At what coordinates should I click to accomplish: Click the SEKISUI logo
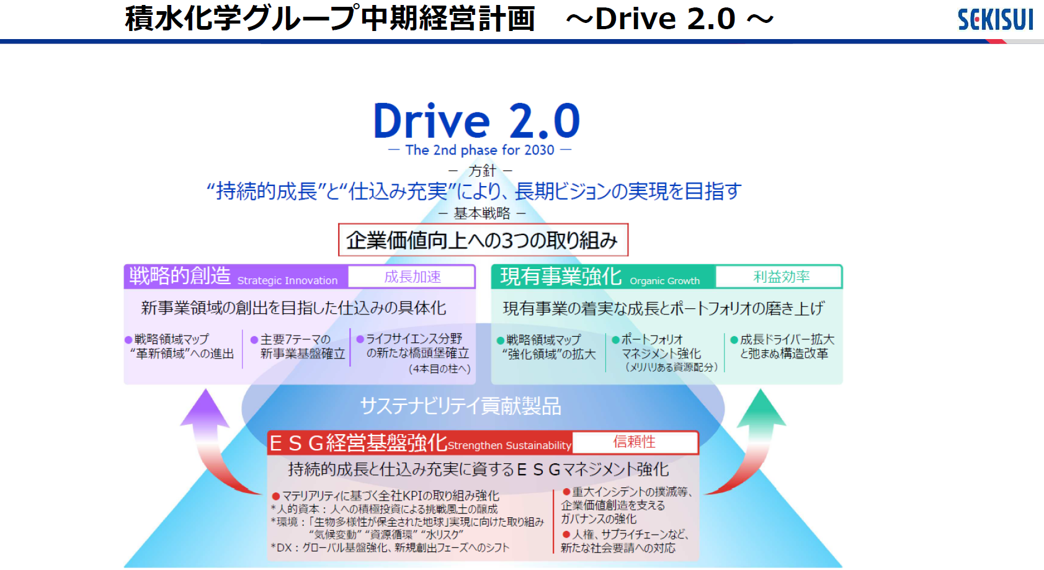point(995,20)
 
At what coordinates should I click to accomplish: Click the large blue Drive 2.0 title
point(476,120)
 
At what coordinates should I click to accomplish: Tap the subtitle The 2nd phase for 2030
point(480,150)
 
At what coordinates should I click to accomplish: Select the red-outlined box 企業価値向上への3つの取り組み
point(483,240)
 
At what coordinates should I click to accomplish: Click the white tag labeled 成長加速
point(412,277)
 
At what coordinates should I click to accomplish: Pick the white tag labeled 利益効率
point(779,277)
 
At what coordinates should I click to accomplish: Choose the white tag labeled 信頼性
point(635,442)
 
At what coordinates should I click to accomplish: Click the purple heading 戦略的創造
point(180,275)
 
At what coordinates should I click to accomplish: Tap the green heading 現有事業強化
point(561,276)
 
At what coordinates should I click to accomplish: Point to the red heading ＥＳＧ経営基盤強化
point(358,443)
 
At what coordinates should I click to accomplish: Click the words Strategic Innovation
point(288,280)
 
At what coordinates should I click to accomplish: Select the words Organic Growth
point(664,280)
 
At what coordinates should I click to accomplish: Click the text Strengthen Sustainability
point(509,445)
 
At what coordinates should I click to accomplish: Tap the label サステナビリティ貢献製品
point(461,406)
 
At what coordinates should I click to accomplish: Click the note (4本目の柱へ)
point(439,369)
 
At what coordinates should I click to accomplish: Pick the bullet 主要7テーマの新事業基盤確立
point(298,346)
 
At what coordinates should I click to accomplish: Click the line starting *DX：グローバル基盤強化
point(390,548)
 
